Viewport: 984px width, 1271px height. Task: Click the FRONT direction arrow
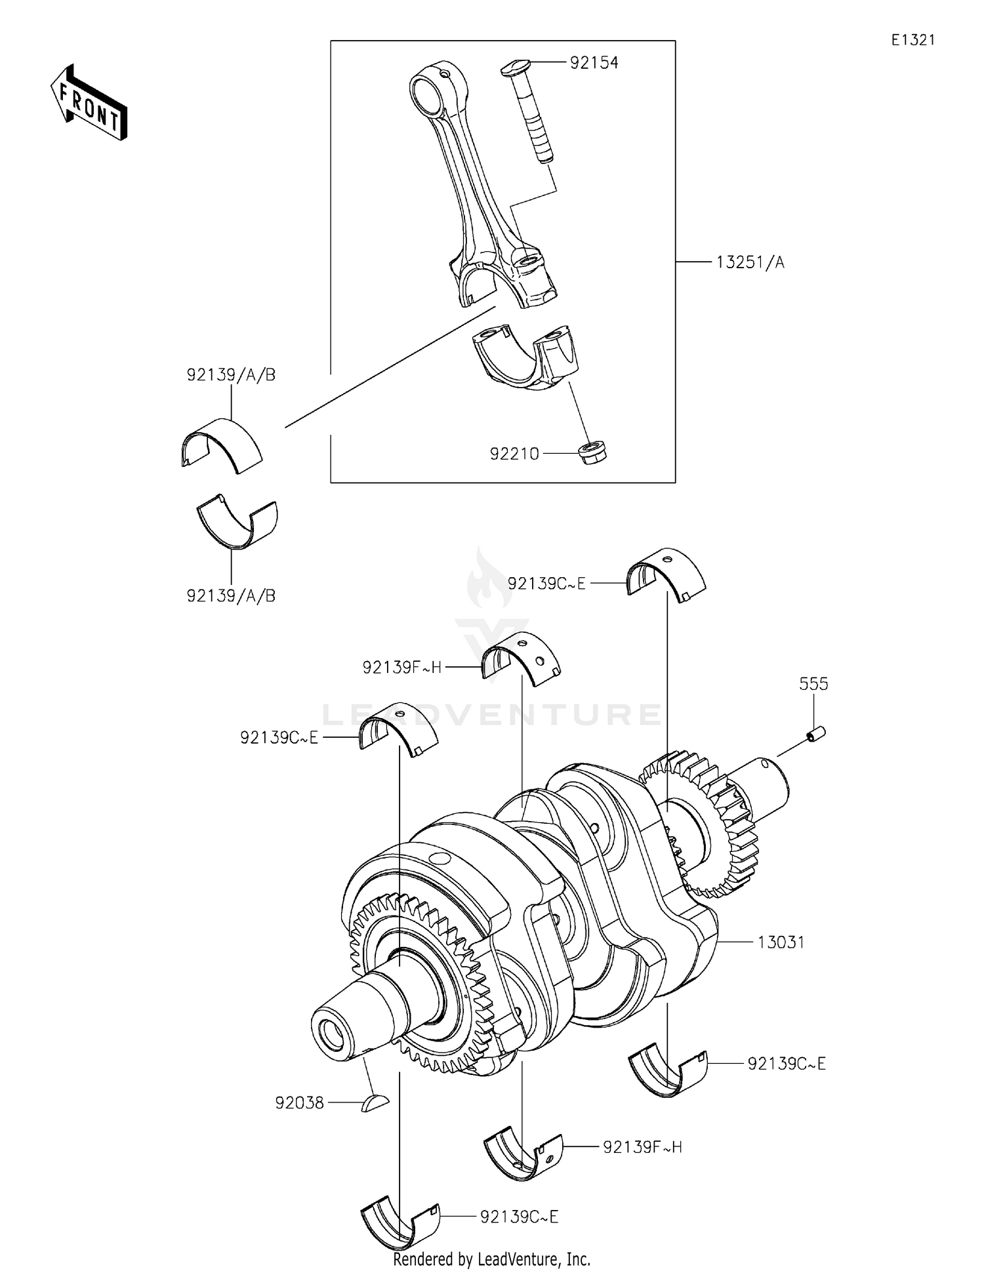[x=89, y=103]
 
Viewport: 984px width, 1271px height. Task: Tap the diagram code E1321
[x=912, y=40]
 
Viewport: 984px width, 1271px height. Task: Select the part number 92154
[x=594, y=63]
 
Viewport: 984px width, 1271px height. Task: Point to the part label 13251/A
[x=750, y=262]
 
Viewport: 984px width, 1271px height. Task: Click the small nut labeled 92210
[x=593, y=452]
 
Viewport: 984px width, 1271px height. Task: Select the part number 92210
[x=514, y=453]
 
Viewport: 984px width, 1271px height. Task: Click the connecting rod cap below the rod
[x=528, y=357]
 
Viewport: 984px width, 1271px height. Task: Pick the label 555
[x=813, y=684]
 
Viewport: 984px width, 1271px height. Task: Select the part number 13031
[x=781, y=942]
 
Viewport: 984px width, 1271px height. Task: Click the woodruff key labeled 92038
[x=375, y=1104]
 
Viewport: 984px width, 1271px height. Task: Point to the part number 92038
[x=300, y=1103]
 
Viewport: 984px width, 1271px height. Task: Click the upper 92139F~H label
[x=402, y=668]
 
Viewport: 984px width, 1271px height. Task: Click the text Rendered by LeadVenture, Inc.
[x=491, y=1259]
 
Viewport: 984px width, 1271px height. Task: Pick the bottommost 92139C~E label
[x=519, y=1217]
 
